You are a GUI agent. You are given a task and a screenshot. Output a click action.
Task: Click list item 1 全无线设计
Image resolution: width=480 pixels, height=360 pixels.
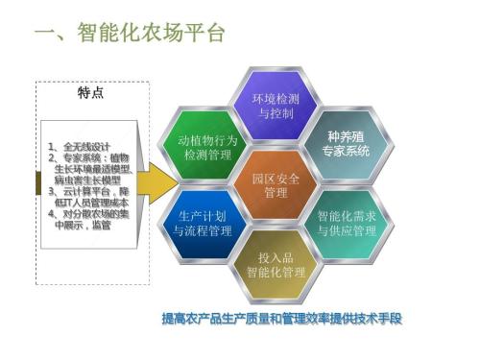point(80,146)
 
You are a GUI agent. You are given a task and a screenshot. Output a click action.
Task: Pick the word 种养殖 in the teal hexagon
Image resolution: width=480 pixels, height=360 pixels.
point(346,137)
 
